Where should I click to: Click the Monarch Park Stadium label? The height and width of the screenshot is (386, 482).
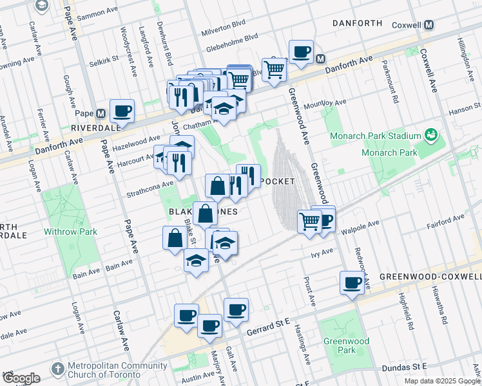(375, 136)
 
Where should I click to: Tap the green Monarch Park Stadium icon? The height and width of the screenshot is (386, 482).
(431, 136)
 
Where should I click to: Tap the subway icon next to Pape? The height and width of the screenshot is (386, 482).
(100, 114)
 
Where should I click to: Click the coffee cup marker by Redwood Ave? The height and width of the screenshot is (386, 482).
(352, 283)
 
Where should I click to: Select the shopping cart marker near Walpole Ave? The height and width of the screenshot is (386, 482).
(309, 221)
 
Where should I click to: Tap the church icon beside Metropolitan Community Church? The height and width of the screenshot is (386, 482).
(57, 369)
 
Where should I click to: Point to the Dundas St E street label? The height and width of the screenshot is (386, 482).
(406, 366)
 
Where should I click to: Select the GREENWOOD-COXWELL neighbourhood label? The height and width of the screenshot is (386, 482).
(430, 277)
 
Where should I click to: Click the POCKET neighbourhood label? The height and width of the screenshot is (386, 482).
(278, 182)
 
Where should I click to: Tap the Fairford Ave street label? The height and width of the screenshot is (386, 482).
(445, 226)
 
